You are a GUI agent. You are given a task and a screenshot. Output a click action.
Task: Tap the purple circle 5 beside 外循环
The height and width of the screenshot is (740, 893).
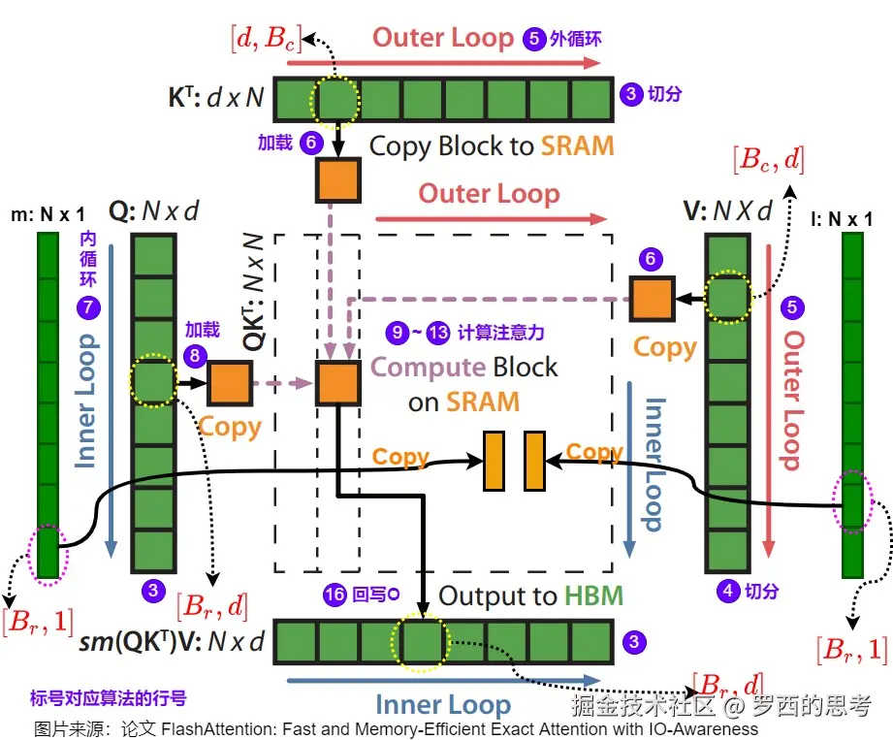click(534, 40)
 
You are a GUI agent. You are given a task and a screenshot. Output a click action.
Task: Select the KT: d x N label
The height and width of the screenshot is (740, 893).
click(215, 97)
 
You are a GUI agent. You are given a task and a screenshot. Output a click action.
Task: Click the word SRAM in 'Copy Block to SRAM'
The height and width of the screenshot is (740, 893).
click(578, 146)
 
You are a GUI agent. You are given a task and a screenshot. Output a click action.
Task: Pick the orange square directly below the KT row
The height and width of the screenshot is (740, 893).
click(337, 179)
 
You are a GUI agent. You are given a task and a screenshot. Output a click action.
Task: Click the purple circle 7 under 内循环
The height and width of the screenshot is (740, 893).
click(87, 307)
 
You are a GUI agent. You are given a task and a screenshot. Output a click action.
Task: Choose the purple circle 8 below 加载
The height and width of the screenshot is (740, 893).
click(196, 356)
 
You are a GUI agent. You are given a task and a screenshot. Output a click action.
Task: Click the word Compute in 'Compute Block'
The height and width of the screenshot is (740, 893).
click(428, 367)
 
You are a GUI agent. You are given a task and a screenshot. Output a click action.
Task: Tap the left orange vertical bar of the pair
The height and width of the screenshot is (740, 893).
click(494, 461)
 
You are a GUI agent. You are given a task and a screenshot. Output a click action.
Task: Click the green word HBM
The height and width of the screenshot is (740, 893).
click(593, 595)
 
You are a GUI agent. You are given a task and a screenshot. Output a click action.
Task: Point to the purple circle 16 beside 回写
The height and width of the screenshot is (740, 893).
click(335, 595)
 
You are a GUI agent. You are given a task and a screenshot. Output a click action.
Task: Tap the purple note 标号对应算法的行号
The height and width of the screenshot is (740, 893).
click(108, 697)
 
